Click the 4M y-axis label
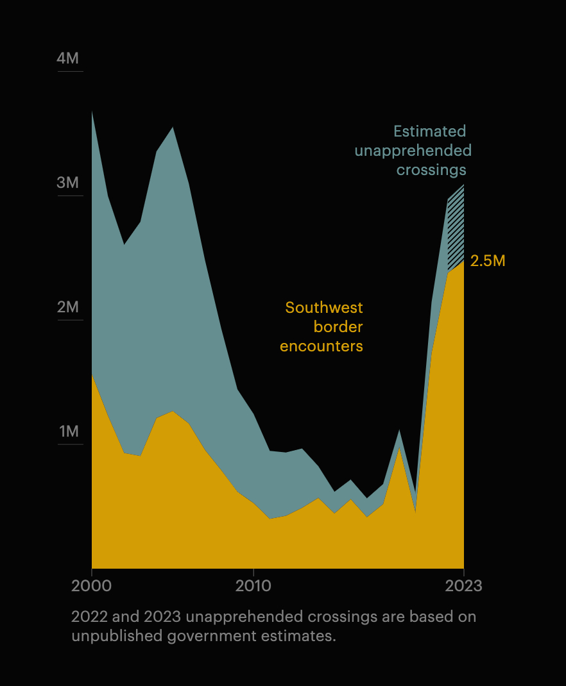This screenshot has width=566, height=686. coord(68,58)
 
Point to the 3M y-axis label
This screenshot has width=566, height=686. coord(68,183)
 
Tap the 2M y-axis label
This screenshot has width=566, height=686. coord(68,307)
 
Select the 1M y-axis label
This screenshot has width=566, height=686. coord(69,431)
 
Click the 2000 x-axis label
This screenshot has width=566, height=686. coord(92,586)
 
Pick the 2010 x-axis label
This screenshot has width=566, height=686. coord(253,586)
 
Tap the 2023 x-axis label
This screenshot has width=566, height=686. coord(464,586)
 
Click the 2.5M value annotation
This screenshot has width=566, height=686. coord(488,261)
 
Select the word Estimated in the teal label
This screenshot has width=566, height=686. coord(429,131)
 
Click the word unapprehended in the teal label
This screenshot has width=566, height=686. coord(413,151)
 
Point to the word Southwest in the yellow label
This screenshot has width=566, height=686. coord(324,308)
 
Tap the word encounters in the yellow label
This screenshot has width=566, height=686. coord(322,346)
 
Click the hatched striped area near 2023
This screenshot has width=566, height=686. coord(456,231)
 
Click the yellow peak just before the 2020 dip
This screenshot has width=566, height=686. coord(399,449)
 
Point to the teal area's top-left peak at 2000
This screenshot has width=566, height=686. coord(93,115)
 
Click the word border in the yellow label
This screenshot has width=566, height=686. coord(338,327)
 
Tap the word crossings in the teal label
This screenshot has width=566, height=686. coord(431,170)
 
